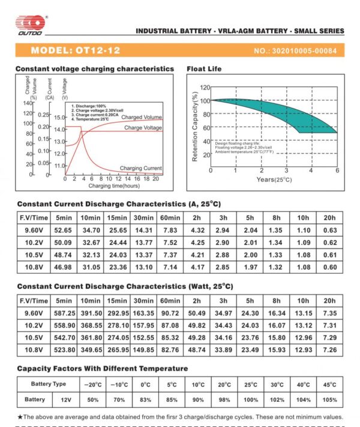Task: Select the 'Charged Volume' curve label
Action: pos(142,117)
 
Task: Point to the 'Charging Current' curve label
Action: pos(140,168)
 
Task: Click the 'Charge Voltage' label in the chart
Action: pos(143,128)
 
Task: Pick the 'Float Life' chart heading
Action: pos(205,69)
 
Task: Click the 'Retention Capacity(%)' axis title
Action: pos(195,127)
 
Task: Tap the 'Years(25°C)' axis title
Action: pos(274,179)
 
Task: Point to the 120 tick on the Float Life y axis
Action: pos(205,88)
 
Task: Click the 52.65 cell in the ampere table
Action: pos(64,230)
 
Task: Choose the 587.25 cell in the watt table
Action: pos(64,313)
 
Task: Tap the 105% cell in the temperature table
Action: pos(329,399)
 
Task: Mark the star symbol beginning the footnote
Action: pos(20,416)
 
